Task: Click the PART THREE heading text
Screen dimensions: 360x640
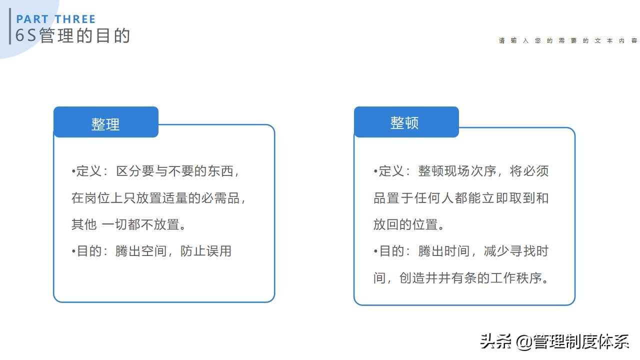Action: (55, 19)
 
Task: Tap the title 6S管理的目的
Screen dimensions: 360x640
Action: (72, 36)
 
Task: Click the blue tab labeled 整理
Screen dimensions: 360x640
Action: (105, 123)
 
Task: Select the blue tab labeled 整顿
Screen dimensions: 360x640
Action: (404, 122)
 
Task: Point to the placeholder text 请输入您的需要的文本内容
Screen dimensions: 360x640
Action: (568, 41)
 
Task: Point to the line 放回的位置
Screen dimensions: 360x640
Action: (408, 224)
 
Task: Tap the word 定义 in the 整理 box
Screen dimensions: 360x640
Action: (89, 171)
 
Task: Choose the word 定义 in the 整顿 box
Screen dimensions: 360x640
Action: (391, 171)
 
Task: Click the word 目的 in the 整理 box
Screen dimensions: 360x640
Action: (89, 251)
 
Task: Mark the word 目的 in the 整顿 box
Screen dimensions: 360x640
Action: (391, 251)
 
